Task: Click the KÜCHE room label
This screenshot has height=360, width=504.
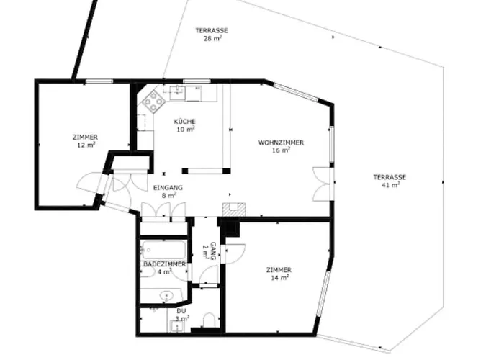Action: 184,122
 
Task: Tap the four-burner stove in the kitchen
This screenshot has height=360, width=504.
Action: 153,102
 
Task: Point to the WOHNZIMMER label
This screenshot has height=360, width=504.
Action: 281,143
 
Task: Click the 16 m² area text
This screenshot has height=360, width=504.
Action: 281,150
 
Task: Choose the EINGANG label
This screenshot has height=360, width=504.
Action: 168,187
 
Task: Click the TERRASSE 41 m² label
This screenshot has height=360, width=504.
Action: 390,177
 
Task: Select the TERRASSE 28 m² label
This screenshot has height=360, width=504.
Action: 212,30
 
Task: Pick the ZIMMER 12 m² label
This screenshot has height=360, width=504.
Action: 85,137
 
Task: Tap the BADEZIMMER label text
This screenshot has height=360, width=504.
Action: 164,264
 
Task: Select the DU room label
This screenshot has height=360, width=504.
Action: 181,310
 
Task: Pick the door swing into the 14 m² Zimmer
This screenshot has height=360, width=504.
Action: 233,253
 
